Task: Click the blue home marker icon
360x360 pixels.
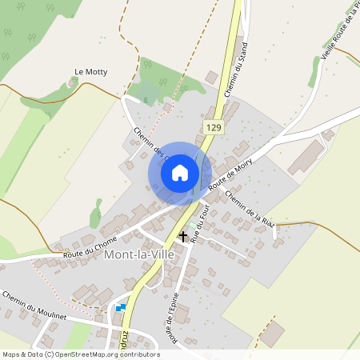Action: pos(180,173)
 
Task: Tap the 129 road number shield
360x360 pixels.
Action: pos(213,127)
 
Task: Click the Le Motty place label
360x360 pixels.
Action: pos(90,72)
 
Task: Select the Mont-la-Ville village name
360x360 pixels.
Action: pos(141,254)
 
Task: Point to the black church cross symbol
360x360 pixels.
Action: pos(184,237)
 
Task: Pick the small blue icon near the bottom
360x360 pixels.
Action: pos(121,307)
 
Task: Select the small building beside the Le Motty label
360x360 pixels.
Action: pos(74,82)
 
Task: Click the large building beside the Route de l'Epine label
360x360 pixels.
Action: pos(183,314)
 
